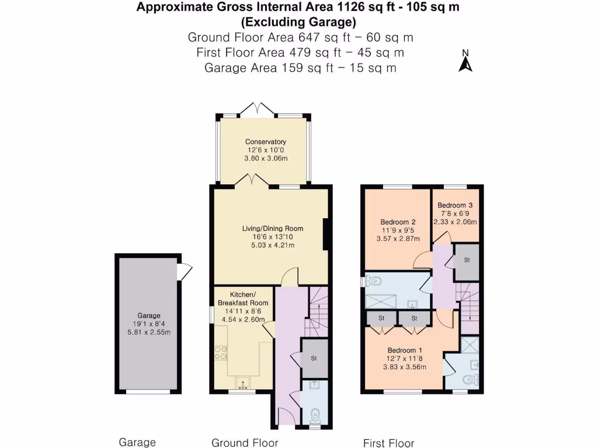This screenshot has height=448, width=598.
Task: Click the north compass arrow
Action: click(x=465, y=62)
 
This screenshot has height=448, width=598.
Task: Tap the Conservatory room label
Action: click(x=266, y=142)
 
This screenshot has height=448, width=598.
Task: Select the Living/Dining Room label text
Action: click(x=273, y=228)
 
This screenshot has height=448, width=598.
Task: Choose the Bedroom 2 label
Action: click(x=398, y=222)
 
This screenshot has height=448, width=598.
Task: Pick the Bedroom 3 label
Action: click(x=455, y=205)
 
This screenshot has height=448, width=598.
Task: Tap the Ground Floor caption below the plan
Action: click(x=245, y=443)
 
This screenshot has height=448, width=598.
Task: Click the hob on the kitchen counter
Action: click(x=222, y=353)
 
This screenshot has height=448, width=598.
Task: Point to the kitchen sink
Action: click(x=242, y=383)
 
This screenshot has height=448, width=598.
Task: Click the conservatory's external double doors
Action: click(x=258, y=108)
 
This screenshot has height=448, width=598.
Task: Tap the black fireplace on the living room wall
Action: click(x=327, y=235)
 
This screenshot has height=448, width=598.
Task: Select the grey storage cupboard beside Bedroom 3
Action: click(x=467, y=260)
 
